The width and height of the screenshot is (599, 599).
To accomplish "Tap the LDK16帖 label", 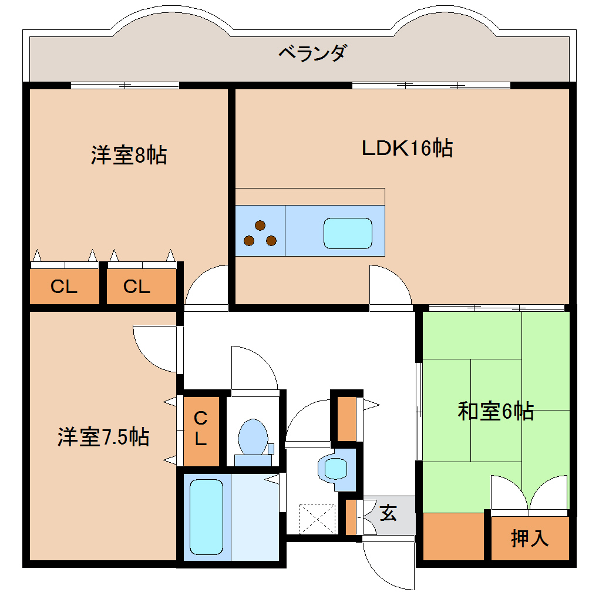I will (406, 148).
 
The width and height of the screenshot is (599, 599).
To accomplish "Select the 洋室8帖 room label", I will (129, 156).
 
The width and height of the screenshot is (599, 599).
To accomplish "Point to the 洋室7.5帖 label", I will (103, 438).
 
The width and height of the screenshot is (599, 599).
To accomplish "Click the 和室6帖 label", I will (496, 411).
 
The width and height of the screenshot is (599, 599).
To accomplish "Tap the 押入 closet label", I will (530, 538).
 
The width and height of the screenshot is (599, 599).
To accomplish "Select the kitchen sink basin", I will (348, 233).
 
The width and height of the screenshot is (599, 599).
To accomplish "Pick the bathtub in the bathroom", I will (206, 517).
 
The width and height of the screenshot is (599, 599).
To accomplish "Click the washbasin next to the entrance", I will (335, 469).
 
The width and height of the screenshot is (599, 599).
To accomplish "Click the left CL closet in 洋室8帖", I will (64, 287).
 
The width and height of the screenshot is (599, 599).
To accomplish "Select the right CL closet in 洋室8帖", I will (137, 287).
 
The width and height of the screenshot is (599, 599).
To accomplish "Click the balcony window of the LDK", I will (431, 85).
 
